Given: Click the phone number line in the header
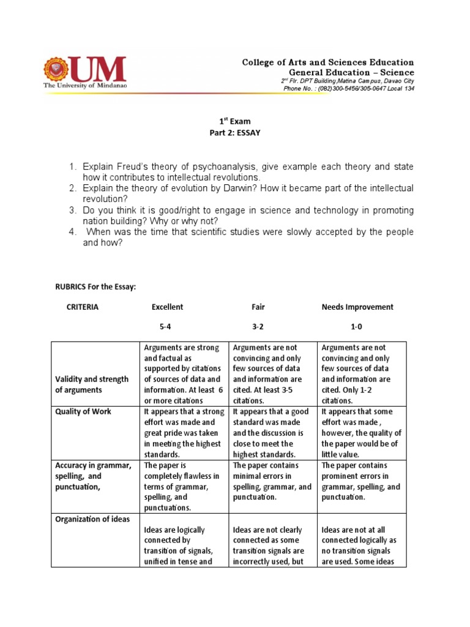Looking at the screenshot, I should [348, 89].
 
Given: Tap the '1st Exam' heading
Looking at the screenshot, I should [235, 121].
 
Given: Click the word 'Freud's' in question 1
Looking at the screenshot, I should [127, 167].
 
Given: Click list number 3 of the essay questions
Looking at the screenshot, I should [72, 210].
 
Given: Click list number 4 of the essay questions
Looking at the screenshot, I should [72, 232].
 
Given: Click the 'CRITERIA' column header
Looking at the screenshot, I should [83, 307].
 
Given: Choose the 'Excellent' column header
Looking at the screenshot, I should [167, 307].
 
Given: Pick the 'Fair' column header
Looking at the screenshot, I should [258, 307].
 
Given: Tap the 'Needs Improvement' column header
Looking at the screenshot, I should [357, 307].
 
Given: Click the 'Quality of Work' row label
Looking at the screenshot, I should [83, 411].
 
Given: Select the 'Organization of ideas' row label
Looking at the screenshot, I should [92, 519].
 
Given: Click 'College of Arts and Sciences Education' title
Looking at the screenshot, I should [328, 62].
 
